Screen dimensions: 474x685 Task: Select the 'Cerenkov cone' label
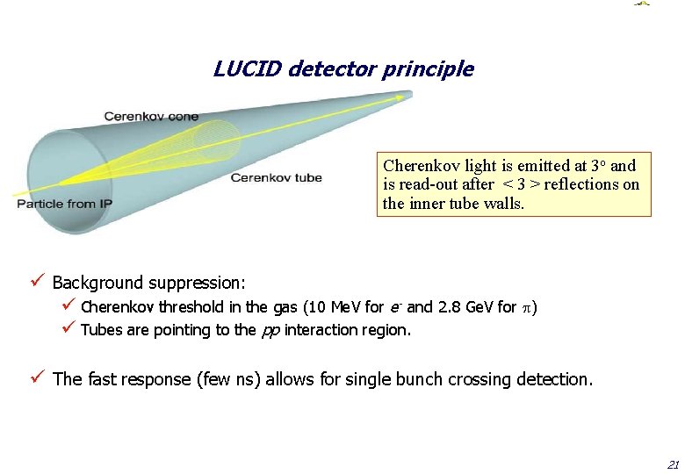pos(151,116)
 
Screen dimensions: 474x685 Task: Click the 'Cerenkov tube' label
pos(276,178)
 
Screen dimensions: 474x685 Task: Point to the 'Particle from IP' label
pos(64,205)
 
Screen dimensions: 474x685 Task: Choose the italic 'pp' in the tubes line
pos(270,331)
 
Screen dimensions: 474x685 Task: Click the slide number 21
pos(673,463)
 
